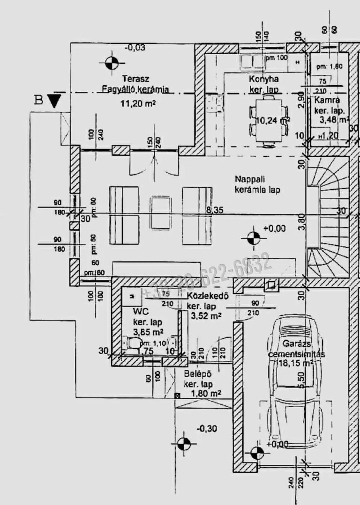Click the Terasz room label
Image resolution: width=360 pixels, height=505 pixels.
(135, 79)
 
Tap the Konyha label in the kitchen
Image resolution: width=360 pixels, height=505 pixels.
(264, 79)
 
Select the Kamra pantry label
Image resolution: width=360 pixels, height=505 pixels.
(327, 100)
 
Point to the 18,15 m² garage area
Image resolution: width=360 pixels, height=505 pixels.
(295, 363)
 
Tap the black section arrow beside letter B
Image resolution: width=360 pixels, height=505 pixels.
(54, 100)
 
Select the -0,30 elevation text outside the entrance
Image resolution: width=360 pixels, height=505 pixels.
(207, 428)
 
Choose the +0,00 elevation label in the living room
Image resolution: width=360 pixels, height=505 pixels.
(274, 228)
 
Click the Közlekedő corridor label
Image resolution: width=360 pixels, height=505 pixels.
(208, 296)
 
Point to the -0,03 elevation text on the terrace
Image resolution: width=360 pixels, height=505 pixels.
(135, 47)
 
